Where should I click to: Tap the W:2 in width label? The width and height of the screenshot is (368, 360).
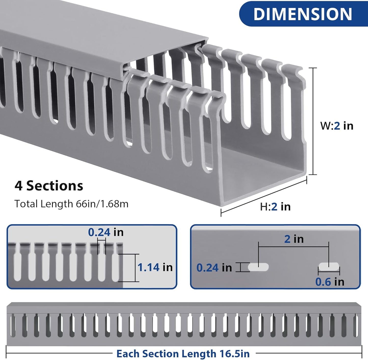pyautogui.click(x=337, y=126)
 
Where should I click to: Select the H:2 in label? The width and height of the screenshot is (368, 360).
pyautogui.click(x=275, y=207)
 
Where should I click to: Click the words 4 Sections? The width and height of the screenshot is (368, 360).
pyautogui.click(x=49, y=186)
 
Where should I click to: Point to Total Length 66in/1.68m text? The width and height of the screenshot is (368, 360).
pyautogui.click(x=71, y=204)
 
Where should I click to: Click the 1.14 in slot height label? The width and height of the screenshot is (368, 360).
pyautogui.click(x=155, y=267)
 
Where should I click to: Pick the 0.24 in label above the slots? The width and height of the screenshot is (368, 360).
pyautogui.click(x=106, y=232)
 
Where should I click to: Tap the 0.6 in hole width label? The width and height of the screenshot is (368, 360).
pyautogui.click(x=330, y=282)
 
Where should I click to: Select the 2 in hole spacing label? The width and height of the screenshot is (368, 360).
pyautogui.click(x=294, y=239)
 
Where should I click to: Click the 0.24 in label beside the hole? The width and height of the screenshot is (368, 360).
pyautogui.click(x=214, y=268)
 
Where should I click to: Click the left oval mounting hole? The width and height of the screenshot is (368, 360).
pyautogui.click(x=258, y=267)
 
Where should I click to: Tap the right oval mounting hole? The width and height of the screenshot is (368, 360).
pyautogui.click(x=329, y=266)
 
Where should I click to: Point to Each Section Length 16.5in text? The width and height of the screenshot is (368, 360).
pyautogui.click(x=183, y=354)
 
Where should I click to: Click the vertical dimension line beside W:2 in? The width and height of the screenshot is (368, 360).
pyautogui.click(x=313, y=121)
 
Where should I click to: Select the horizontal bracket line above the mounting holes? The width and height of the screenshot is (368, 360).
pyautogui.click(x=293, y=247)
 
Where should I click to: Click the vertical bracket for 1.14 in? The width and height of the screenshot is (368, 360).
pyautogui.click(x=135, y=268)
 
